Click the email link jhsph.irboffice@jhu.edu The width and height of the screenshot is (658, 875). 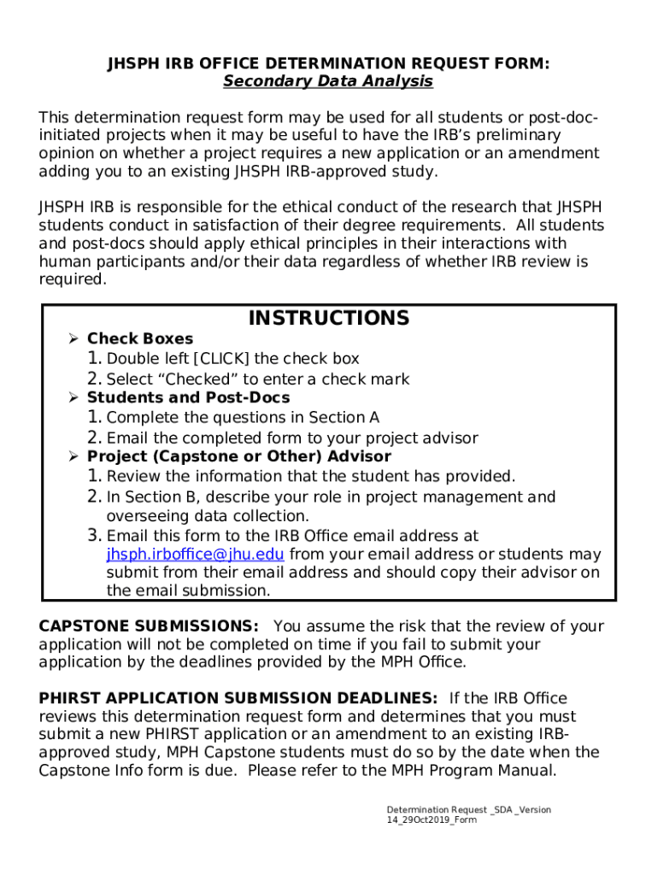(x=195, y=555)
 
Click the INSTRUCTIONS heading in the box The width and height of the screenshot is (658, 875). (x=328, y=319)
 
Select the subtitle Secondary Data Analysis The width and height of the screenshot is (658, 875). (x=328, y=81)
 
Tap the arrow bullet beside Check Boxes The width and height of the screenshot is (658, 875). (x=73, y=339)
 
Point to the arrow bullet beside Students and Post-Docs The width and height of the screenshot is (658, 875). (x=73, y=398)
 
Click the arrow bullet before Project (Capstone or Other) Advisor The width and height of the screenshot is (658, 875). (x=73, y=457)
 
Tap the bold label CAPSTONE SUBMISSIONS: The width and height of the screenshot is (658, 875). (x=149, y=626)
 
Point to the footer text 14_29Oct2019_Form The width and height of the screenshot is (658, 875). (x=431, y=820)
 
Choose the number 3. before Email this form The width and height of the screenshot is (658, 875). (x=94, y=536)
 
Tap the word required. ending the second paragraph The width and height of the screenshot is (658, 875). (x=73, y=279)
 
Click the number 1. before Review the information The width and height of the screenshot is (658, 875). (x=94, y=476)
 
